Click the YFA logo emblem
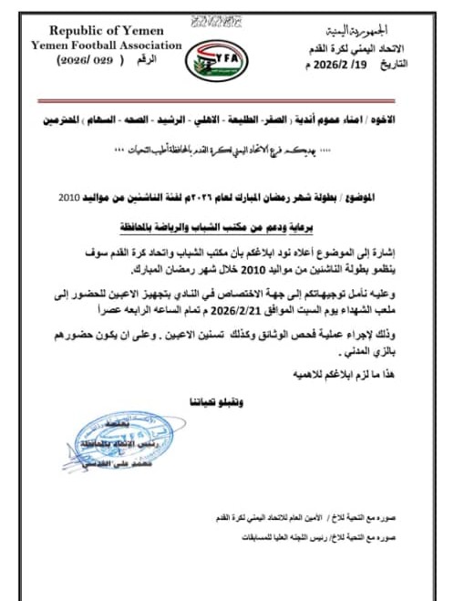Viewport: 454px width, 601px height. coord(209,57)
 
